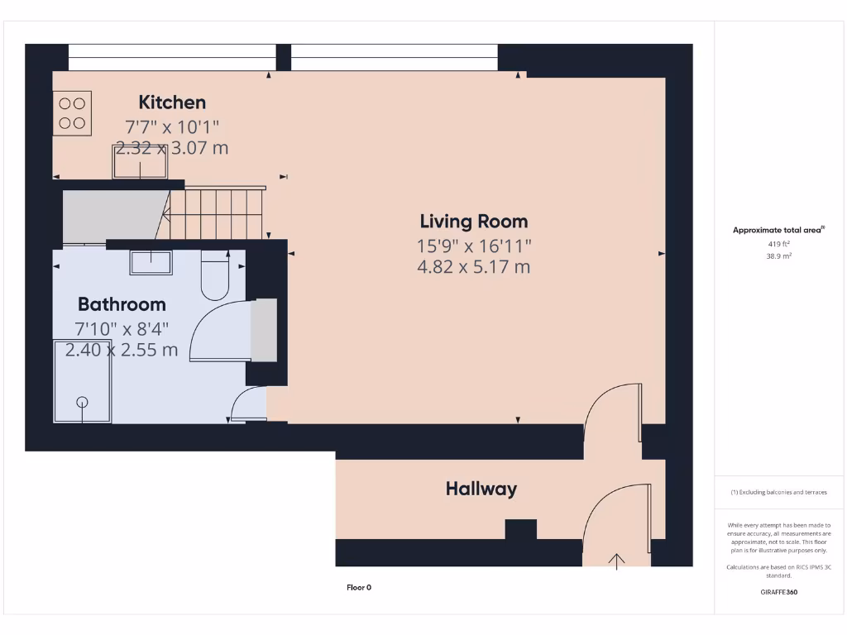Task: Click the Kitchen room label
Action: [x=172, y=103]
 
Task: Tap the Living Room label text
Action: [x=473, y=222]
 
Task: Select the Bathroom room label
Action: [x=122, y=304]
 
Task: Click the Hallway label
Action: [x=481, y=489]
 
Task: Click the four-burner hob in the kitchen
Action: [x=72, y=114]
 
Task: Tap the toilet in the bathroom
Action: [x=215, y=277]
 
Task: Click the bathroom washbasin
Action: [x=150, y=262]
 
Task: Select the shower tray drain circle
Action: [x=82, y=402]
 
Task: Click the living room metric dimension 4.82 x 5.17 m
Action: [x=473, y=267]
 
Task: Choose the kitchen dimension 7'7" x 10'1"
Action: [x=172, y=127]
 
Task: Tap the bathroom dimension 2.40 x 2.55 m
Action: [x=122, y=350]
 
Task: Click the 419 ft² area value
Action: [x=779, y=244]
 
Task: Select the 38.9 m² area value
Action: [x=779, y=256]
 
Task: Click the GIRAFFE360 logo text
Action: [x=778, y=592]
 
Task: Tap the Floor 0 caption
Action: [x=359, y=588]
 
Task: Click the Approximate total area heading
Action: [x=778, y=230]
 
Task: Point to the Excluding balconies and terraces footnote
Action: [x=778, y=492]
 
